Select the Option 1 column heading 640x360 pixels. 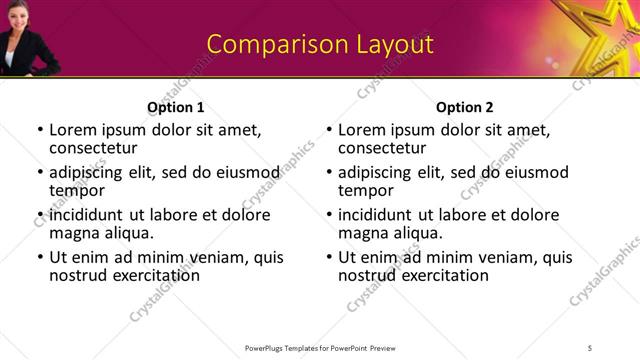(x=176, y=107)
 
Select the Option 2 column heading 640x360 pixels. (x=464, y=107)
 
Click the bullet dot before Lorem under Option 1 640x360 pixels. (x=40, y=130)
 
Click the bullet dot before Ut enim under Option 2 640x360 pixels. (x=329, y=257)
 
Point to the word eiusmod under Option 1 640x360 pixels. (x=244, y=172)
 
